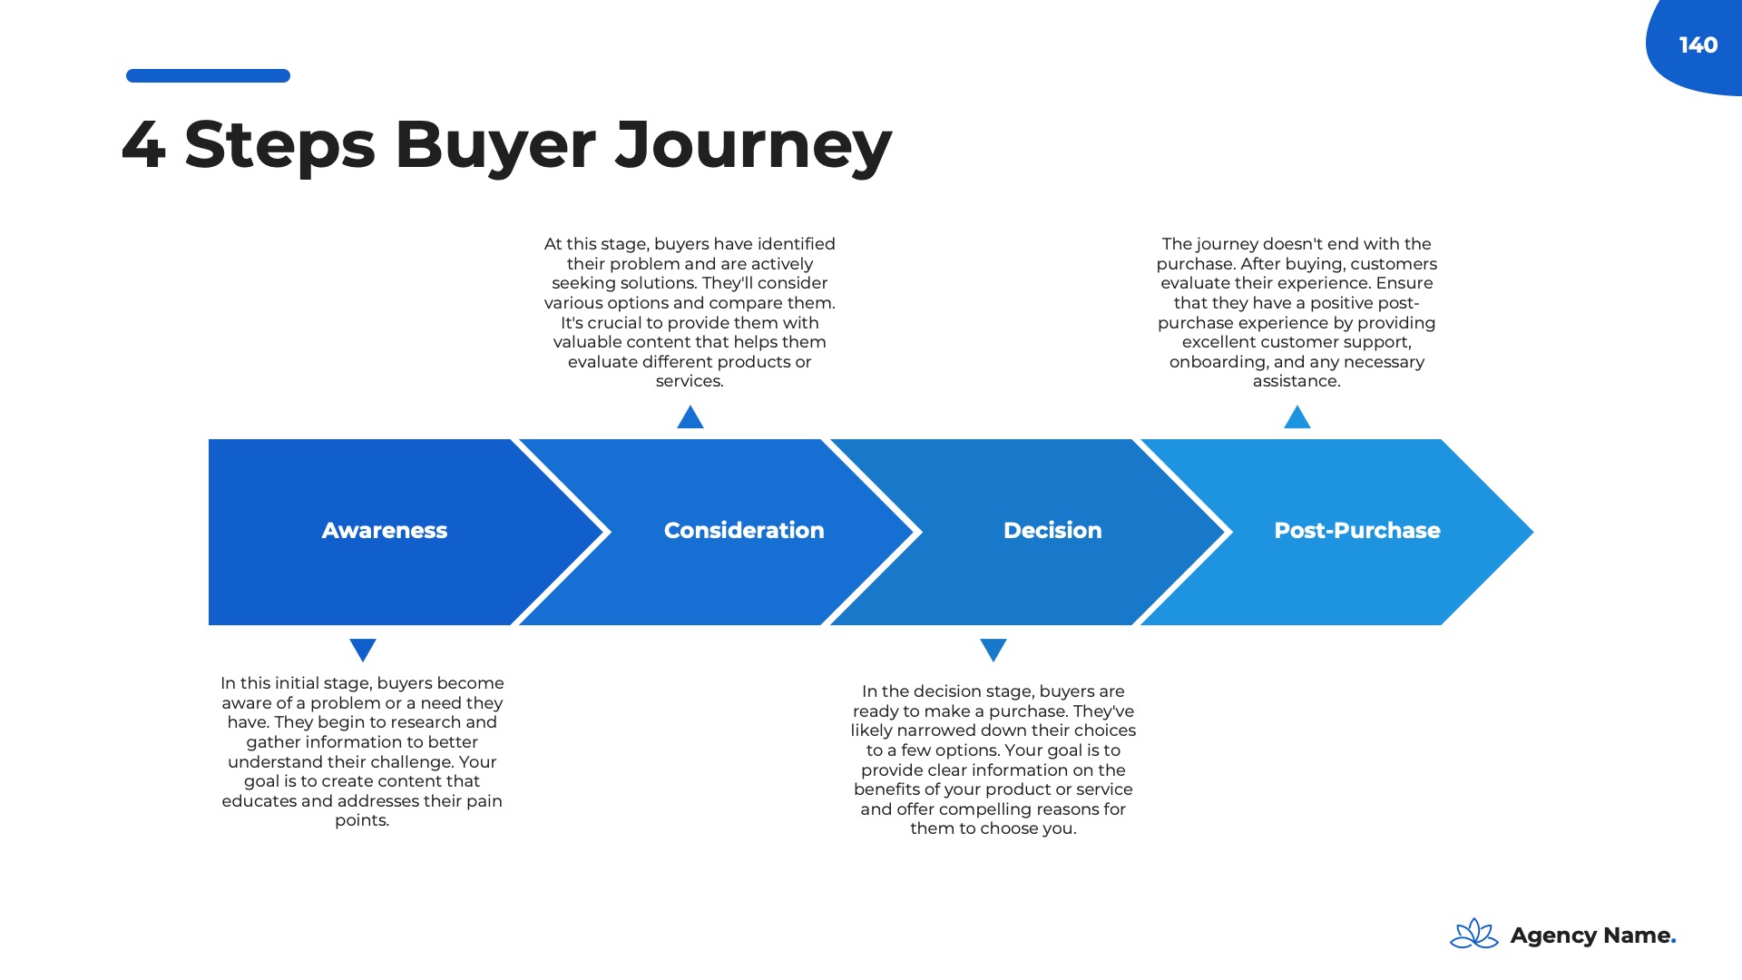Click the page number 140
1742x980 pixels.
tap(1698, 45)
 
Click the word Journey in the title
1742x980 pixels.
tap(753, 145)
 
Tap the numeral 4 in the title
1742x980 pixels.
tap(143, 145)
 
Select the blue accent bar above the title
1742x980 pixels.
tap(208, 76)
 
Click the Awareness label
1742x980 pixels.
tap(384, 531)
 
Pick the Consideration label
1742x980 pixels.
tap(744, 531)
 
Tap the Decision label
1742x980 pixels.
tap(1052, 531)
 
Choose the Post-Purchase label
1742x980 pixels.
tap(1356, 531)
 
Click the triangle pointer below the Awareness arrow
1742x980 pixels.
tap(363, 650)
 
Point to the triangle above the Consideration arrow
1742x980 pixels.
tap(690, 418)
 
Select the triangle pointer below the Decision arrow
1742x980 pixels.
tap(993, 650)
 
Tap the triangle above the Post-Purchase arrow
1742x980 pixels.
tap(1297, 418)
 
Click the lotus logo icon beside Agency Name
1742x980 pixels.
tap(1474, 934)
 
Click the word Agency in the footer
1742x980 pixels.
tap(1552, 936)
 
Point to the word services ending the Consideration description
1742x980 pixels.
tap(690, 382)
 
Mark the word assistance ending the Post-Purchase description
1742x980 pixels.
tap(1296, 382)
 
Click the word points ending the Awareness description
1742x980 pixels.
tap(361, 821)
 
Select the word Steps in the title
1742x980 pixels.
tap(279, 145)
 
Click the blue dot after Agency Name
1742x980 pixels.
tap(1673, 943)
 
